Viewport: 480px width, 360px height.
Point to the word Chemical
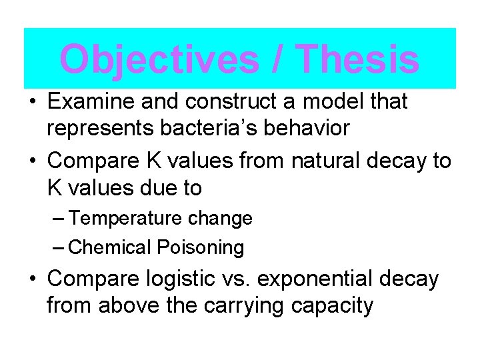pyautogui.click(x=110, y=248)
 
